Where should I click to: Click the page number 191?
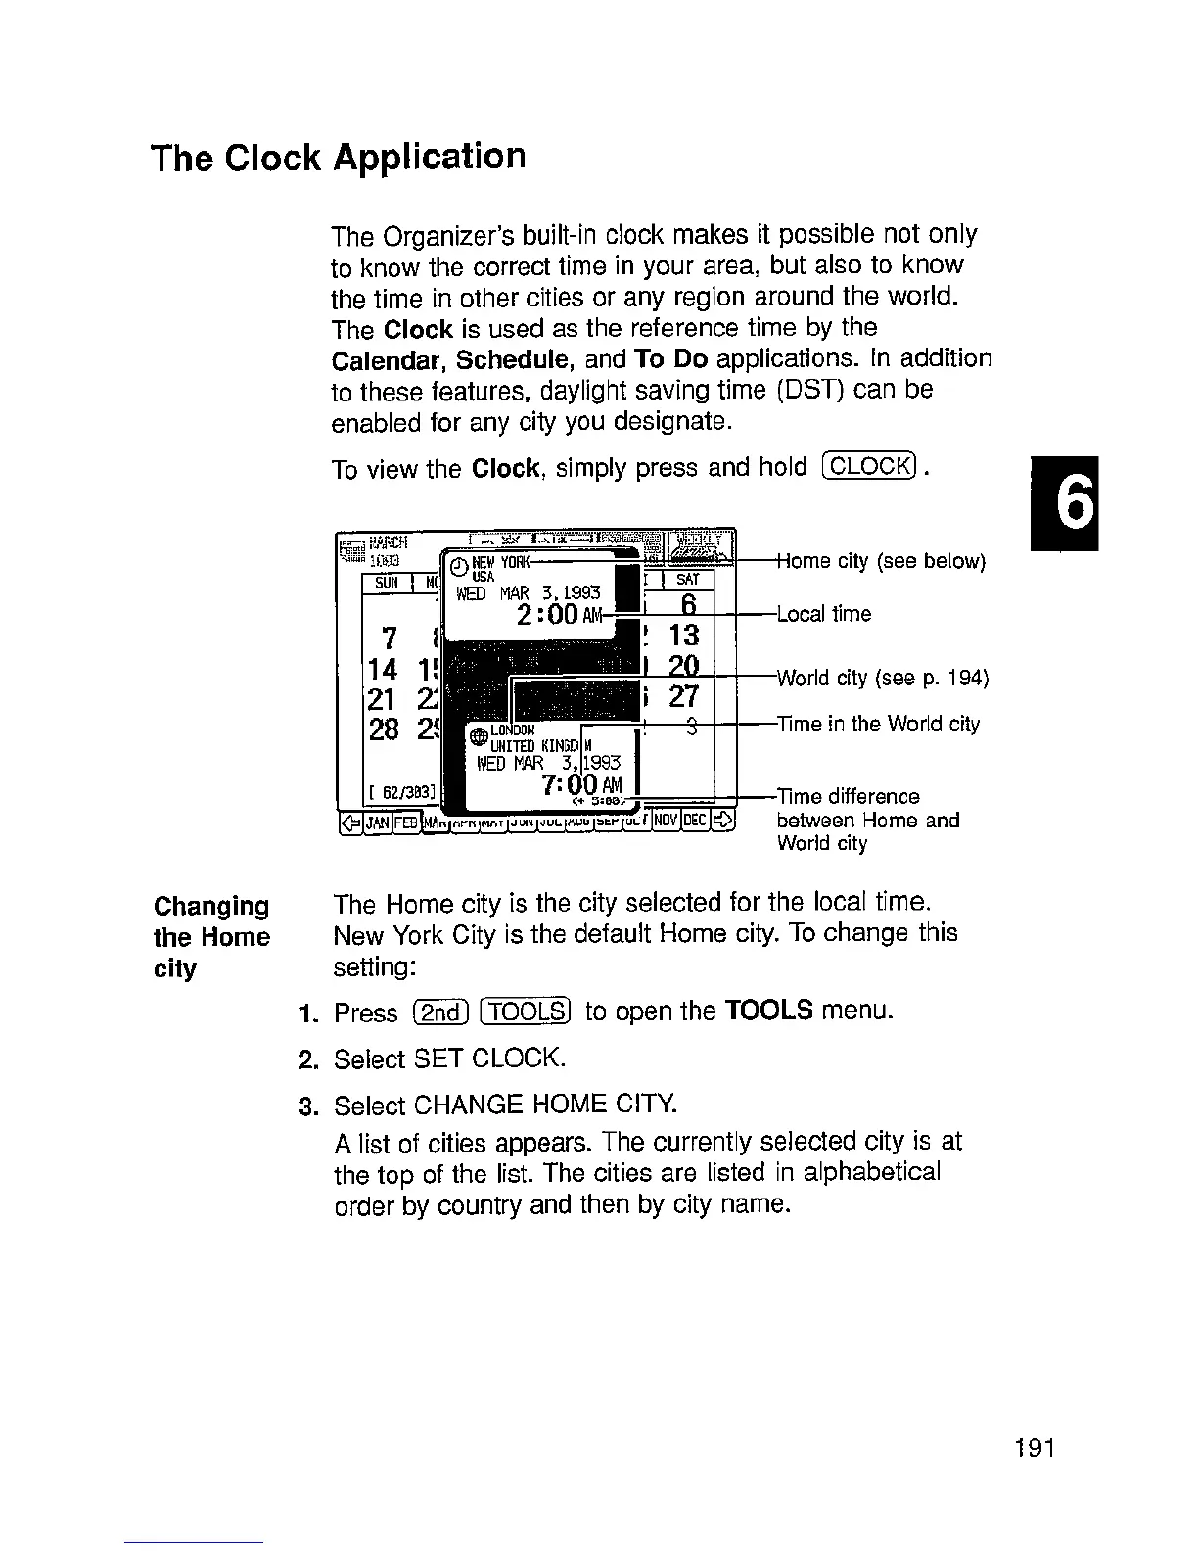(x=1033, y=1448)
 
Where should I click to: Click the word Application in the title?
(x=429, y=158)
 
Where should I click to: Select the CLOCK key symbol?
(x=869, y=466)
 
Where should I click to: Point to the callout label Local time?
(x=823, y=614)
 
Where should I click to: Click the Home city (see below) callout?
(x=880, y=561)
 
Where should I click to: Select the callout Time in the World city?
(x=878, y=725)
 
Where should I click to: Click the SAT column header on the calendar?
(x=689, y=580)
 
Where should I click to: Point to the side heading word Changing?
(x=211, y=906)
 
